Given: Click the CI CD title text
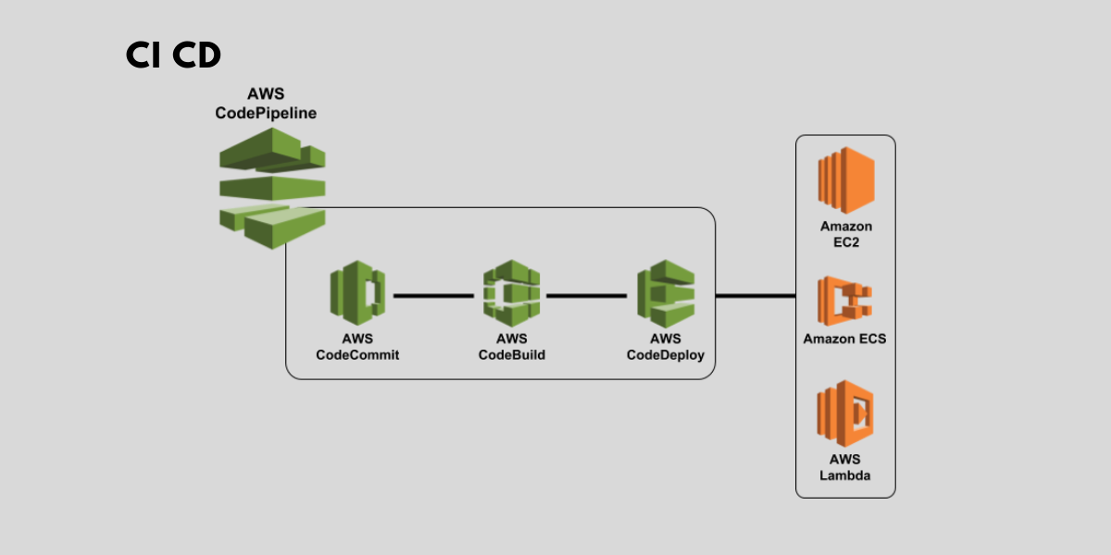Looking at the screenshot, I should [x=174, y=56].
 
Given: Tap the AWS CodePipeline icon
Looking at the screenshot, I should [x=272, y=189].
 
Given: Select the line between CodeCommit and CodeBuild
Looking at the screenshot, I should [x=433, y=296].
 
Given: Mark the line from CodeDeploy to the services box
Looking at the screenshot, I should [x=755, y=296].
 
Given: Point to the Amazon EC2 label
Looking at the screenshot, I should [x=845, y=234].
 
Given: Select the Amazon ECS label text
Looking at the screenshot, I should [x=844, y=339].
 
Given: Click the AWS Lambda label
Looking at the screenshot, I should [x=844, y=467].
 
